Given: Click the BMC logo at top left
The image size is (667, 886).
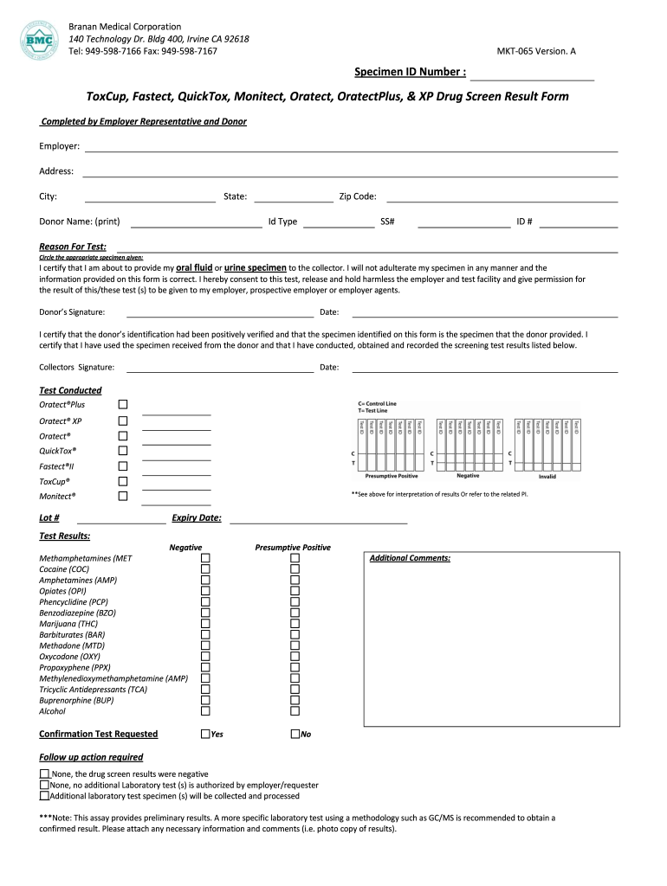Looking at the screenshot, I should pos(37,39).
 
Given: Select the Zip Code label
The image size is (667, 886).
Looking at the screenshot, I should pos(357,196).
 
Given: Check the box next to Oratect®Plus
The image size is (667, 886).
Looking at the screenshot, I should pos(122,404).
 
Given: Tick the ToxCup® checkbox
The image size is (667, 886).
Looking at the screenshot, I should pos(122,481).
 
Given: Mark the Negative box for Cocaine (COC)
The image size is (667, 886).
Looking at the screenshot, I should pos(206,569).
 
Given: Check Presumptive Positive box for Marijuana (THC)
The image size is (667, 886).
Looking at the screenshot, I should pos(295,624).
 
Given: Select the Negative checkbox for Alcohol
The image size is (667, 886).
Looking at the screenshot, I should pos(206,711).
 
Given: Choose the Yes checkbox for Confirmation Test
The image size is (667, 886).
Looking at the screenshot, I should pos(205,734).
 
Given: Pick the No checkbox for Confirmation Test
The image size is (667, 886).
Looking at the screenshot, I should pos(295,734).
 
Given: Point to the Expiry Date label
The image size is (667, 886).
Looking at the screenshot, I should pos(197,518).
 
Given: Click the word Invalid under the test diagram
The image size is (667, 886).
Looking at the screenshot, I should pos(547,477).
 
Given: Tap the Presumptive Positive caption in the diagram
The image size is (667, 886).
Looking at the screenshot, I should pos(392,477).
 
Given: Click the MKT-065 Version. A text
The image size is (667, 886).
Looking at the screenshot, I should pos(535,52).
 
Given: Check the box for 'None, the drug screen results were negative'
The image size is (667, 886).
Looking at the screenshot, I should pos(44,774).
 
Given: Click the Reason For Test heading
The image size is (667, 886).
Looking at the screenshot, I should pos(73,247).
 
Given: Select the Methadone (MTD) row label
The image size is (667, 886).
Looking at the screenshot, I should pos(72,645).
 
